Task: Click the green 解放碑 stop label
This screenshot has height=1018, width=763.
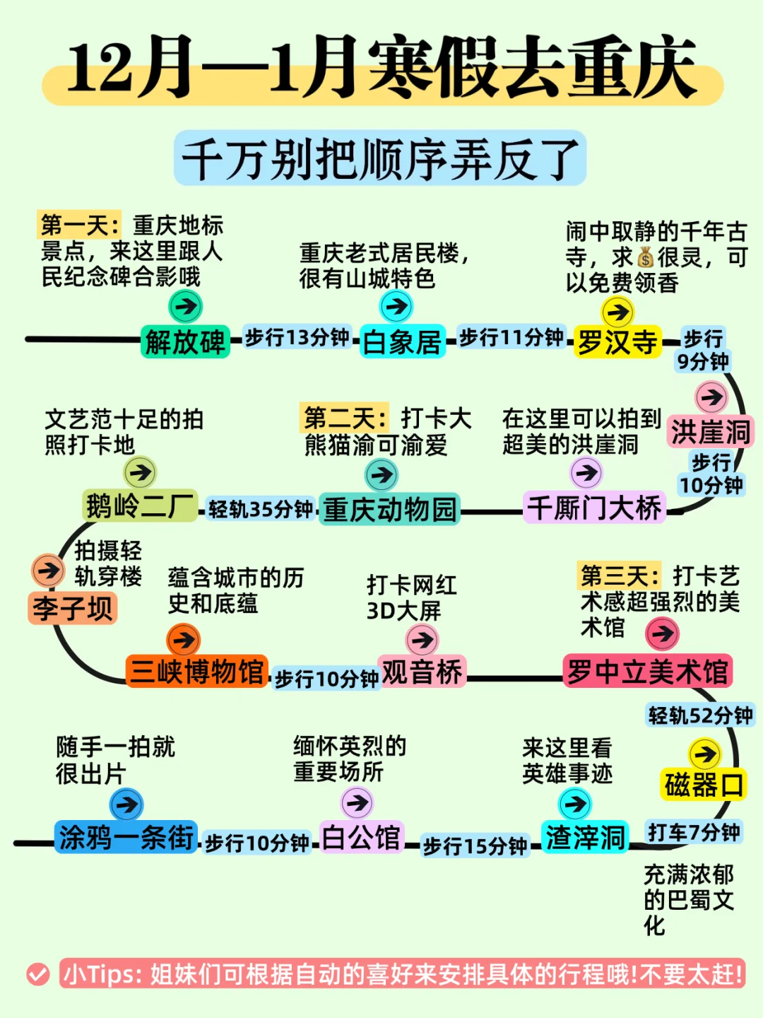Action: pos(185,342)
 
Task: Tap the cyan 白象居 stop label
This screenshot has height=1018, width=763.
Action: pos(402,342)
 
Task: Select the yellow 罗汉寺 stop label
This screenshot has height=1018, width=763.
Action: pos(617,342)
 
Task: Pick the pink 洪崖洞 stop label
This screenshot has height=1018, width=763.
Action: pos(710,432)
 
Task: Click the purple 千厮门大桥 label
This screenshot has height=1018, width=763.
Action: pos(595,508)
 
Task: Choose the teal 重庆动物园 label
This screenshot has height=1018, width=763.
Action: pos(389,510)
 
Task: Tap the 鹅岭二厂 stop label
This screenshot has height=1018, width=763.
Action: pos(140,507)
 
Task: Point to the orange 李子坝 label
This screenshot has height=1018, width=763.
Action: pos(73,609)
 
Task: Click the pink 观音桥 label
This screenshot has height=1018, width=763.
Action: pos(422,672)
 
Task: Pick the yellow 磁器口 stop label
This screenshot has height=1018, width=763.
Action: pos(704,785)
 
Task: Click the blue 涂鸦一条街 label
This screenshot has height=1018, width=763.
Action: pos(126,838)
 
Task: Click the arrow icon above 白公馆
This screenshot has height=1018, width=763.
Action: pos(357,803)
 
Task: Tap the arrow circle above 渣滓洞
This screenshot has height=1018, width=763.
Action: pos(575,804)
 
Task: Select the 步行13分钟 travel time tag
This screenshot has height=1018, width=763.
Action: pos(297,337)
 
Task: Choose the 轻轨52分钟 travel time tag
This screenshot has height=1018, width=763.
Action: pos(700,715)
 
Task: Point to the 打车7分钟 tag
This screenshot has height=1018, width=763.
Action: pos(694,832)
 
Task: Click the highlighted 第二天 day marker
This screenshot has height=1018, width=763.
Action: pos(345,419)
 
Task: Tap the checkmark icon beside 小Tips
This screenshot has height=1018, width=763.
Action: pos(38,975)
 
